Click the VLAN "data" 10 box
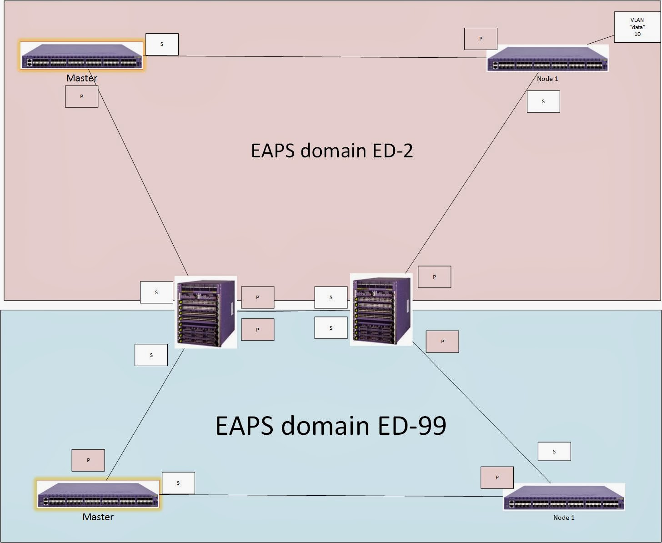point(637,27)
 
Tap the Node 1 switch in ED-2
point(547,58)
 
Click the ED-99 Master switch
point(98,494)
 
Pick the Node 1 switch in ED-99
point(564,497)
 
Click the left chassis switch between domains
point(206,312)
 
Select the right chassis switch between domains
point(381,310)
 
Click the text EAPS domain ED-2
point(332,151)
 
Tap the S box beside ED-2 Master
point(162,45)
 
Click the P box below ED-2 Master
point(82,97)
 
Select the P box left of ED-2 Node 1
point(481,39)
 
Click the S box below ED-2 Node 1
point(543,102)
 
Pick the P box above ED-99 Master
point(88,460)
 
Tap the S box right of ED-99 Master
point(178,483)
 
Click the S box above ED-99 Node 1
point(554,452)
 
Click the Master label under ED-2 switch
point(82,78)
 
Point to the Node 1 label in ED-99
point(564,518)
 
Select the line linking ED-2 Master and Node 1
point(318,57)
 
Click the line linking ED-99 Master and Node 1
point(332,495)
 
